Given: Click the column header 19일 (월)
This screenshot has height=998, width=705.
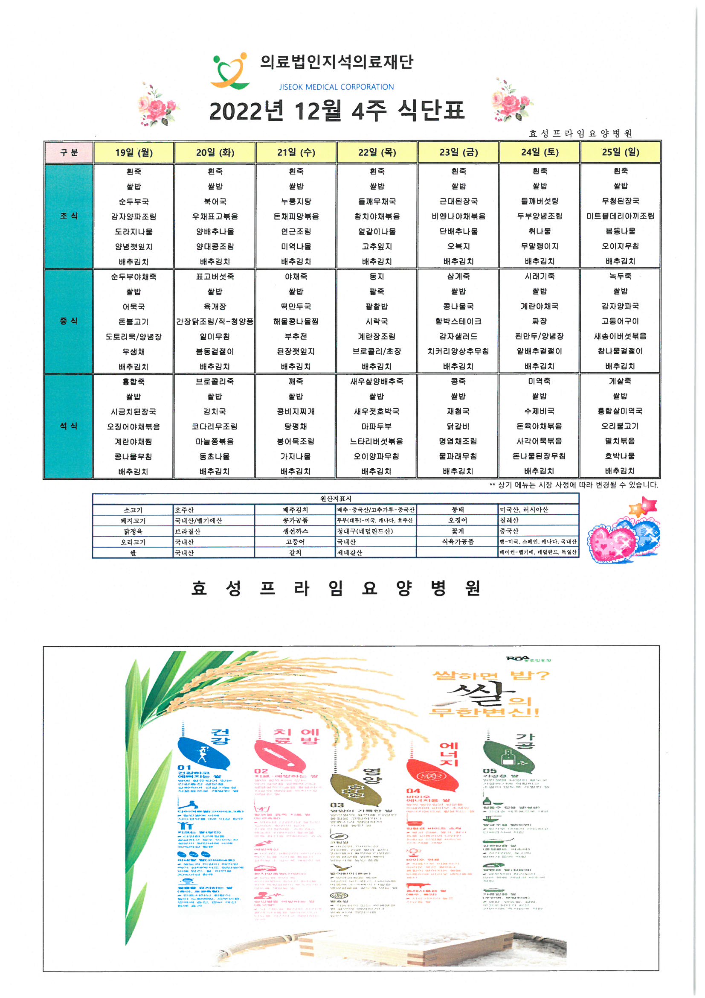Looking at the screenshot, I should pyautogui.click(x=134, y=152).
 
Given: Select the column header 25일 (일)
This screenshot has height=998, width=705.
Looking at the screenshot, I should pyautogui.click(x=620, y=152).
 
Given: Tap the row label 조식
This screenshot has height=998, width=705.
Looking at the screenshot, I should pyautogui.click(x=69, y=216).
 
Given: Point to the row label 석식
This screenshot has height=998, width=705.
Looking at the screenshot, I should pyautogui.click(x=69, y=426).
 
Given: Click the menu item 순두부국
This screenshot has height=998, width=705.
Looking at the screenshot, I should pyautogui.click(x=134, y=201).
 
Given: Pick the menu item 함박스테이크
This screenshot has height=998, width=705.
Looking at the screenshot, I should pyautogui.click(x=458, y=321).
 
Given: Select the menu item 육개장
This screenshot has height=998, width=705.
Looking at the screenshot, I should pyautogui.click(x=215, y=306).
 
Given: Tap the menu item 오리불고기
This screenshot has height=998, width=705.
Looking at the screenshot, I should pyautogui.click(x=620, y=426).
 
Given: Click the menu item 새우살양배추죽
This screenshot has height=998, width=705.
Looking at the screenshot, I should pyautogui.click(x=377, y=381).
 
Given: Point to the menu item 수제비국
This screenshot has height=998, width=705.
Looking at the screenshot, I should pyautogui.click(x=539, y=411).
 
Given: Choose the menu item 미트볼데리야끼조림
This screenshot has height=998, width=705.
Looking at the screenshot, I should pyautogui.click(x=620, y=216).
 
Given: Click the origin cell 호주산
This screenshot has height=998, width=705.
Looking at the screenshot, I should pyautogui.click(x=185, y=510).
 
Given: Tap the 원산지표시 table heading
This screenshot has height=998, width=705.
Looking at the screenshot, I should pyautogui.click(x=335, y=499).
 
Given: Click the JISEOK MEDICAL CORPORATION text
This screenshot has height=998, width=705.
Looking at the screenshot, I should pyautogui.click(x=336, y=87).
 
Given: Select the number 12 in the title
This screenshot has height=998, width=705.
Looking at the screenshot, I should pyautogui.click(x=309, y=111).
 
